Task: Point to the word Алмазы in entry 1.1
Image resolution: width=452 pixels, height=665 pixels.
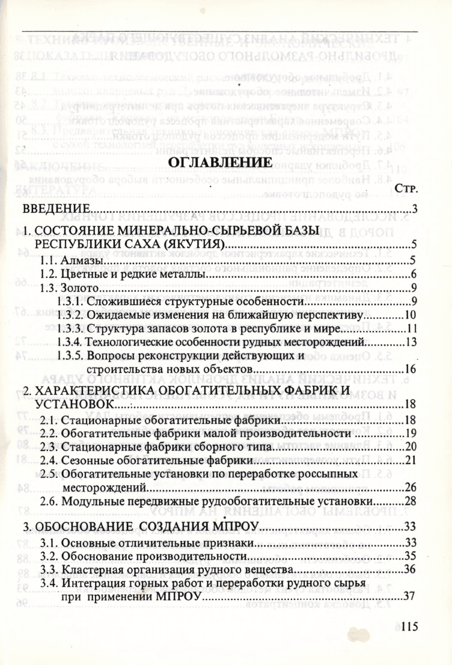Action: click(x=82, y=261)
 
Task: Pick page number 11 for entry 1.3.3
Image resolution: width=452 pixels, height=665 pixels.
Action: click(x=411, y=328)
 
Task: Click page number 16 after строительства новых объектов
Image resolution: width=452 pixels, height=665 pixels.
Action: click(x=411, y=369)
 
